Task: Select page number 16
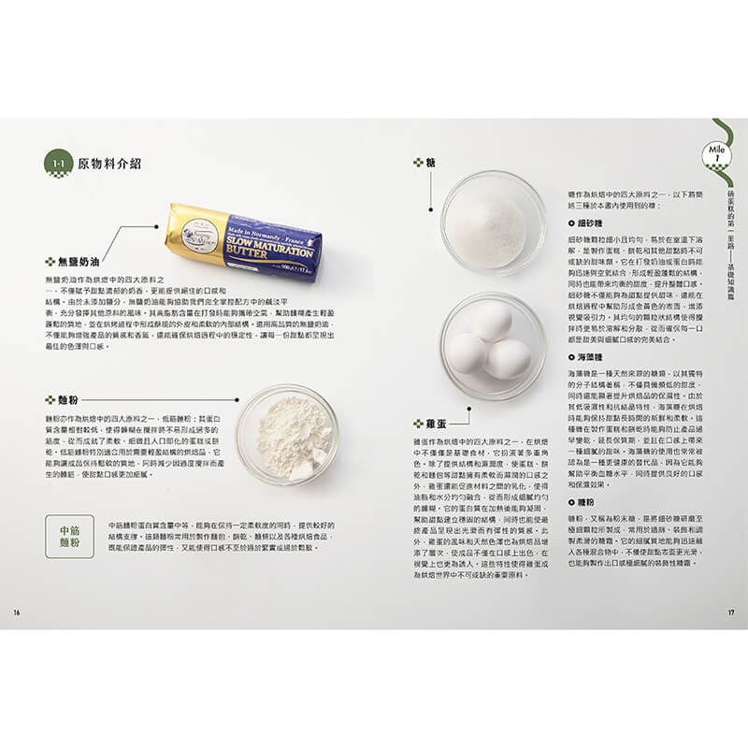[16, 612]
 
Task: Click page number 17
[731, 612]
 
